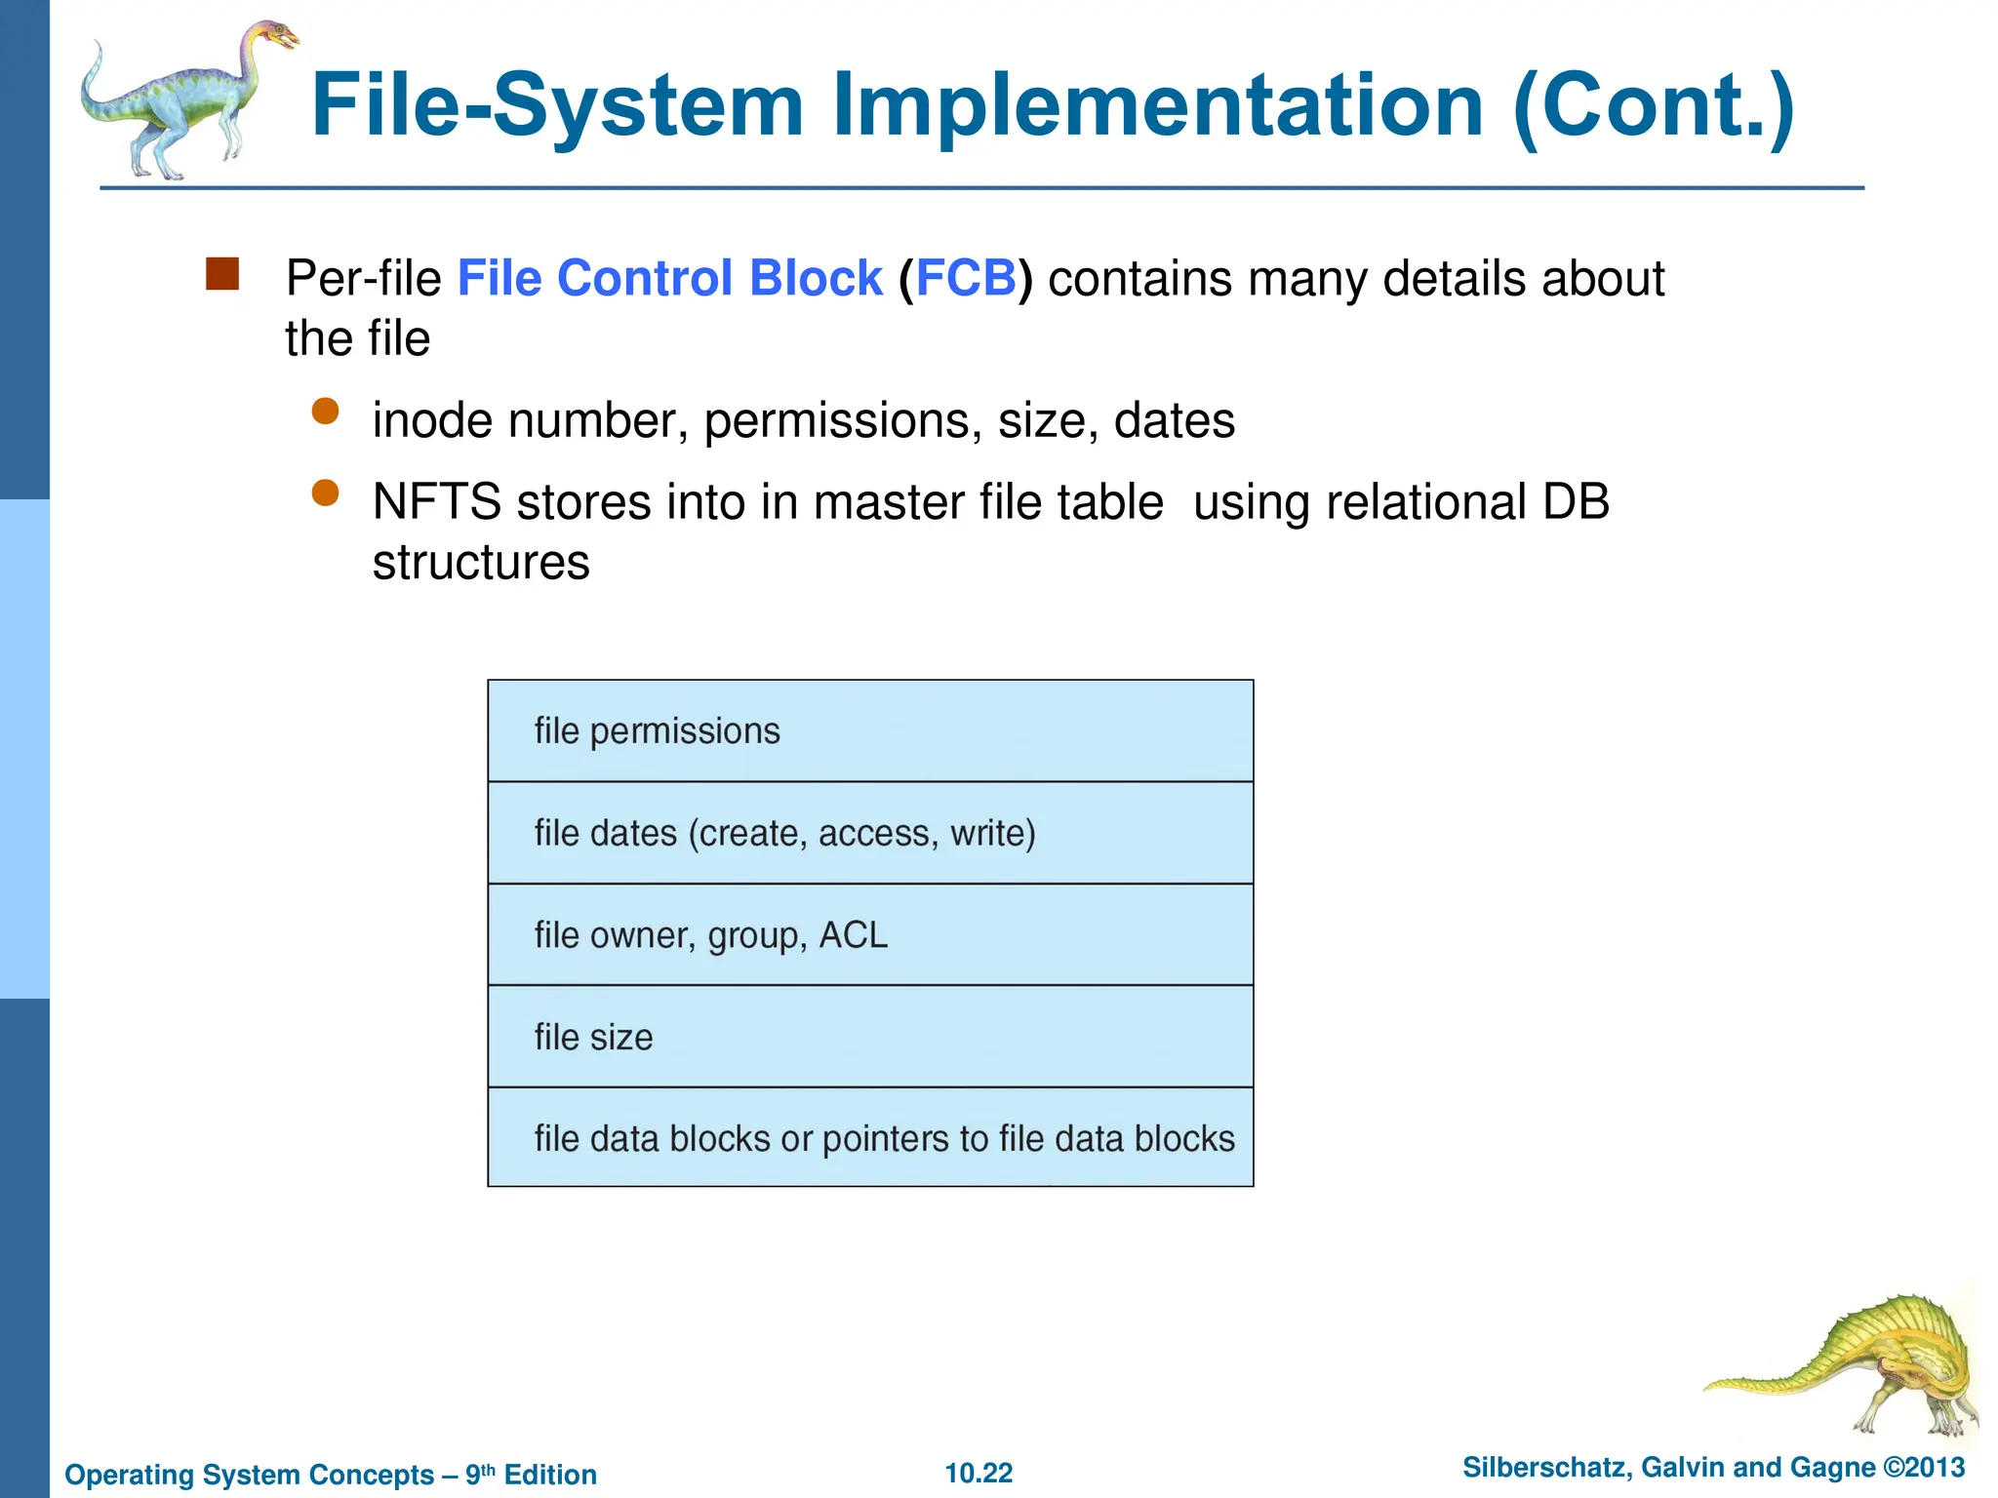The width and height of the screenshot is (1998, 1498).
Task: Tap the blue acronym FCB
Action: point(966,279)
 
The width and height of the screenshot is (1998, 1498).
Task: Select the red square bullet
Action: point(222,274)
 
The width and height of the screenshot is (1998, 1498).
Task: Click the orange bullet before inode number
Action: point(325,412)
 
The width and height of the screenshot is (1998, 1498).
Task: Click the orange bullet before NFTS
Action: point(325,493)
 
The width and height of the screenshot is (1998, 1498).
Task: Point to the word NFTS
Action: point(436,503)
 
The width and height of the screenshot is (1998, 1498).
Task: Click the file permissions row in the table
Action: point(869,731)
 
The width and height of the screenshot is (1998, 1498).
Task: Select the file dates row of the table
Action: point(869,834)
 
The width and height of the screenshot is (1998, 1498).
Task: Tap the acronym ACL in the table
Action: point(854,935)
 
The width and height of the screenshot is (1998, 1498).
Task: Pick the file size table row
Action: point(869,1037)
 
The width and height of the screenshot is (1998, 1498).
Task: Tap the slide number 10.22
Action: point(979,1474)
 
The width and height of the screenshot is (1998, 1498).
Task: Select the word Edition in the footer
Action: point(550,1475)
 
